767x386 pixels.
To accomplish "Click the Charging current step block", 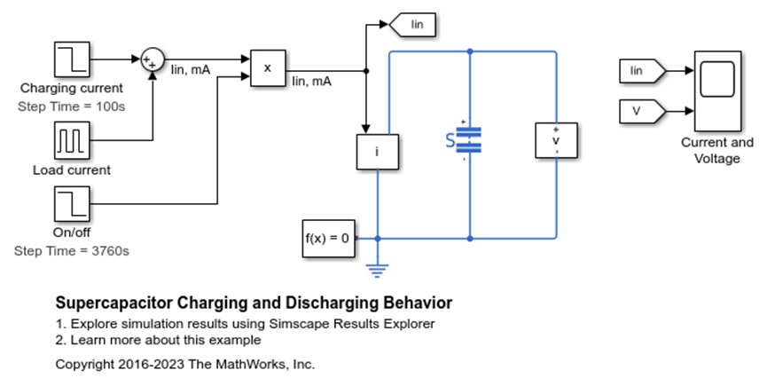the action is pos(72,59).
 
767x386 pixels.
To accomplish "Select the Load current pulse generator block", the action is pos(72,140).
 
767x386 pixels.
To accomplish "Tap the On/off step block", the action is pos(72,203).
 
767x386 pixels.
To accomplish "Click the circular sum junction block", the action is pos(153,59).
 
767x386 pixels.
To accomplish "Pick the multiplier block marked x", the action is pos(268,68).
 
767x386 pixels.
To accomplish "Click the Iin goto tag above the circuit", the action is pos(412,25).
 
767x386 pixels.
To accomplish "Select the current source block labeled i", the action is pos(377,152).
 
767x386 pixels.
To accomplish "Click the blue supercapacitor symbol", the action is pos(464,140).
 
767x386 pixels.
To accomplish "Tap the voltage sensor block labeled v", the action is pos(556,140).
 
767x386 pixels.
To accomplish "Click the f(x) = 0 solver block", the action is pos(329,238).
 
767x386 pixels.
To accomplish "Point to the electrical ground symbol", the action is pos(377,271).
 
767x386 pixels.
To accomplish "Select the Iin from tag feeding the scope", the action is pos(643,71).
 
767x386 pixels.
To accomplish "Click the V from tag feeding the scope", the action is pos(643,111).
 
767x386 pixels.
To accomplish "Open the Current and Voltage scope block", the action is pos(717,91).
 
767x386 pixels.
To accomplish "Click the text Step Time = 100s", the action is pos(72,106).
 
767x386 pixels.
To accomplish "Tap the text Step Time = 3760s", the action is pos(72,251).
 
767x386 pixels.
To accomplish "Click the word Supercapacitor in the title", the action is pos(114,303).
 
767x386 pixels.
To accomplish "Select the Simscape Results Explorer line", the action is pos(245,324).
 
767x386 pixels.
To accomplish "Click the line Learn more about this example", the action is pos(158,340).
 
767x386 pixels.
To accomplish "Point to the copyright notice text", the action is pos(185,365).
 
